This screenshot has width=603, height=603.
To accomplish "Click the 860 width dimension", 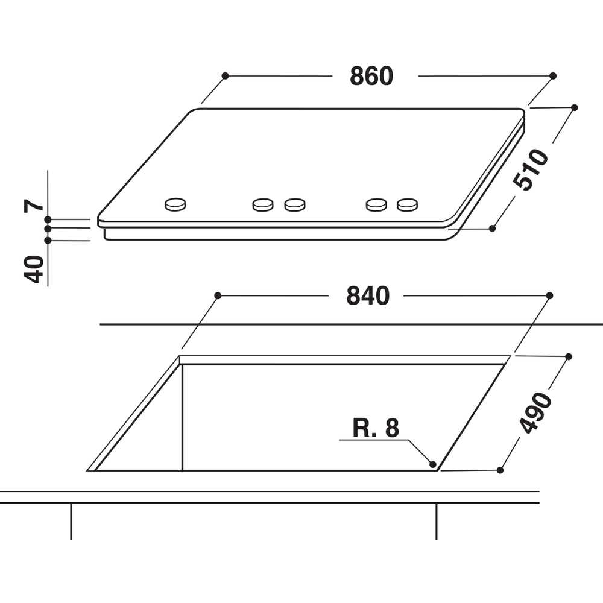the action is [371, 76].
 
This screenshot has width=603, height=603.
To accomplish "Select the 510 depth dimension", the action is [531, 169].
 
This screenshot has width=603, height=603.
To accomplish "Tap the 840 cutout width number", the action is [368, 295].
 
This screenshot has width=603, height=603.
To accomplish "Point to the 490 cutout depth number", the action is [535, 413].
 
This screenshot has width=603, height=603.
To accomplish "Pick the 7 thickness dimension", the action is [34, 206].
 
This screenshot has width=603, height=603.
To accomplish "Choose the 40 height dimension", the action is [34, 269].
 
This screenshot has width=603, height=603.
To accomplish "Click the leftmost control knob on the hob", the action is [175, 204].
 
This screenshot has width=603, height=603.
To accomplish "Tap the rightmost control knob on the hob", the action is [408, 204].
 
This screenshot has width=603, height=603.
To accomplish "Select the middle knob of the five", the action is [295, 204].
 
